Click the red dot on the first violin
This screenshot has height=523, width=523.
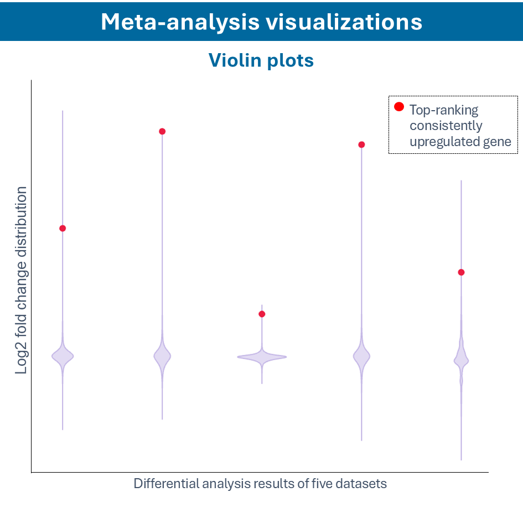pos(63,228)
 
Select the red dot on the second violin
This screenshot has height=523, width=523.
pos(162,131)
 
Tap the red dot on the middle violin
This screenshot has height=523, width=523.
pos(262,314)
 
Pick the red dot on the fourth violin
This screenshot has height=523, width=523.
pos(361,144)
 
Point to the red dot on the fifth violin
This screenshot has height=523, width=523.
pos(461,272)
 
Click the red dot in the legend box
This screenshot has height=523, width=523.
pos(399,107)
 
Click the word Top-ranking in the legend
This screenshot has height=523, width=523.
pos(444,110)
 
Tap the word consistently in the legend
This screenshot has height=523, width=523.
pos(446,126)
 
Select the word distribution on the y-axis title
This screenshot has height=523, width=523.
pos(21,221)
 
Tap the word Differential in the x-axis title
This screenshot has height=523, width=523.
pos(165,484)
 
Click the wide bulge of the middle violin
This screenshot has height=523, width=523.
pos(262,358)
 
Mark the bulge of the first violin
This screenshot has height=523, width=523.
pos(63,356)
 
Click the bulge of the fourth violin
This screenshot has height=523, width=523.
pos(361,357)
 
